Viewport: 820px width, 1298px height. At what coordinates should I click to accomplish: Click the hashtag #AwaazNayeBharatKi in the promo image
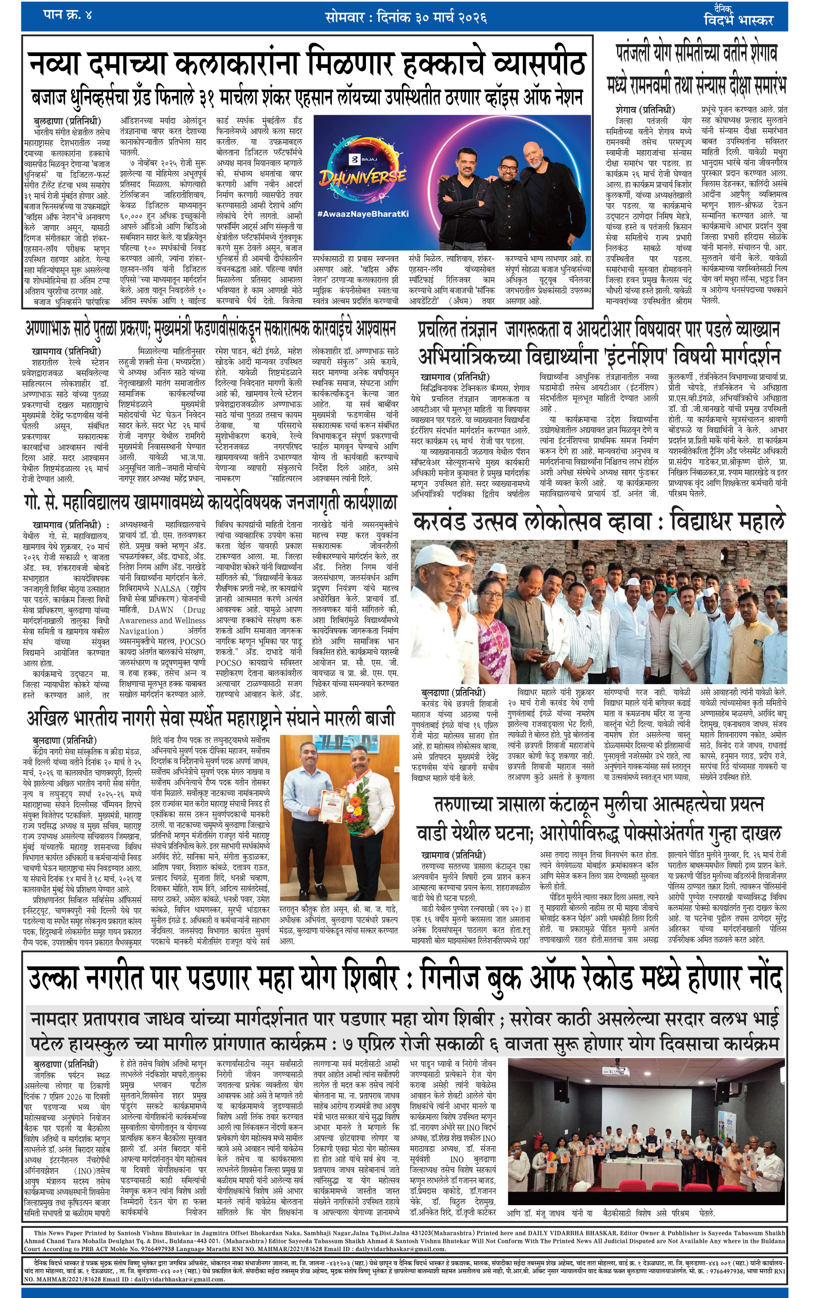coord(362,213)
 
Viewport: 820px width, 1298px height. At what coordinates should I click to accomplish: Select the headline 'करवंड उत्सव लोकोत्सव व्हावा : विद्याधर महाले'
coord(599,522)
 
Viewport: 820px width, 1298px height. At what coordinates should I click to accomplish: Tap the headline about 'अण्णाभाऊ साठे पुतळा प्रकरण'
coord(210,328)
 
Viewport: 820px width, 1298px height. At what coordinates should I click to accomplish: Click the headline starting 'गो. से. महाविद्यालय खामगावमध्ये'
coord(210,502)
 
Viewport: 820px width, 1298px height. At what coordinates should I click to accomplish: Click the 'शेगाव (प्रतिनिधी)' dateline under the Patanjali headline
coord(645,110)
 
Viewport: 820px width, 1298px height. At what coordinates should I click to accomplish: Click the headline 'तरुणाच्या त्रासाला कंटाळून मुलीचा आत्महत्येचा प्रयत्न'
coord(599,804)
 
